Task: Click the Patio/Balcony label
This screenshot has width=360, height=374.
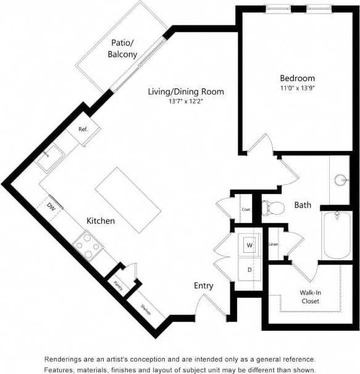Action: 122,49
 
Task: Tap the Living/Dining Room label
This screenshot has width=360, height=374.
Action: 185,91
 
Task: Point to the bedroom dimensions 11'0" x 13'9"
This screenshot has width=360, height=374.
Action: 297,88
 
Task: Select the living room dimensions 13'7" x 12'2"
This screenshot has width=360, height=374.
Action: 185,101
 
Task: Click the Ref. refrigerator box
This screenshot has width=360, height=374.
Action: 83,130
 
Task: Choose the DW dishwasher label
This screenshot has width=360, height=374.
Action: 52,208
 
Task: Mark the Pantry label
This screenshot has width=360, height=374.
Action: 117,285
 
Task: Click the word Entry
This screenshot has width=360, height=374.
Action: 203,286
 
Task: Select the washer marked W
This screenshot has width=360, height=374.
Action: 249,245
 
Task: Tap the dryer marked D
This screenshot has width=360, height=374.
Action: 249,270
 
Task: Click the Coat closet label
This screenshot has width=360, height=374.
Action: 245,210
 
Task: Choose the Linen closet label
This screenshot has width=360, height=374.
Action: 273,244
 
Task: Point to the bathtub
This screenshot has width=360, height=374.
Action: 337,236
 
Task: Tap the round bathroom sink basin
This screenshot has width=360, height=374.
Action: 341,181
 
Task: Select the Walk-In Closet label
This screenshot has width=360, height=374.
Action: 310,297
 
